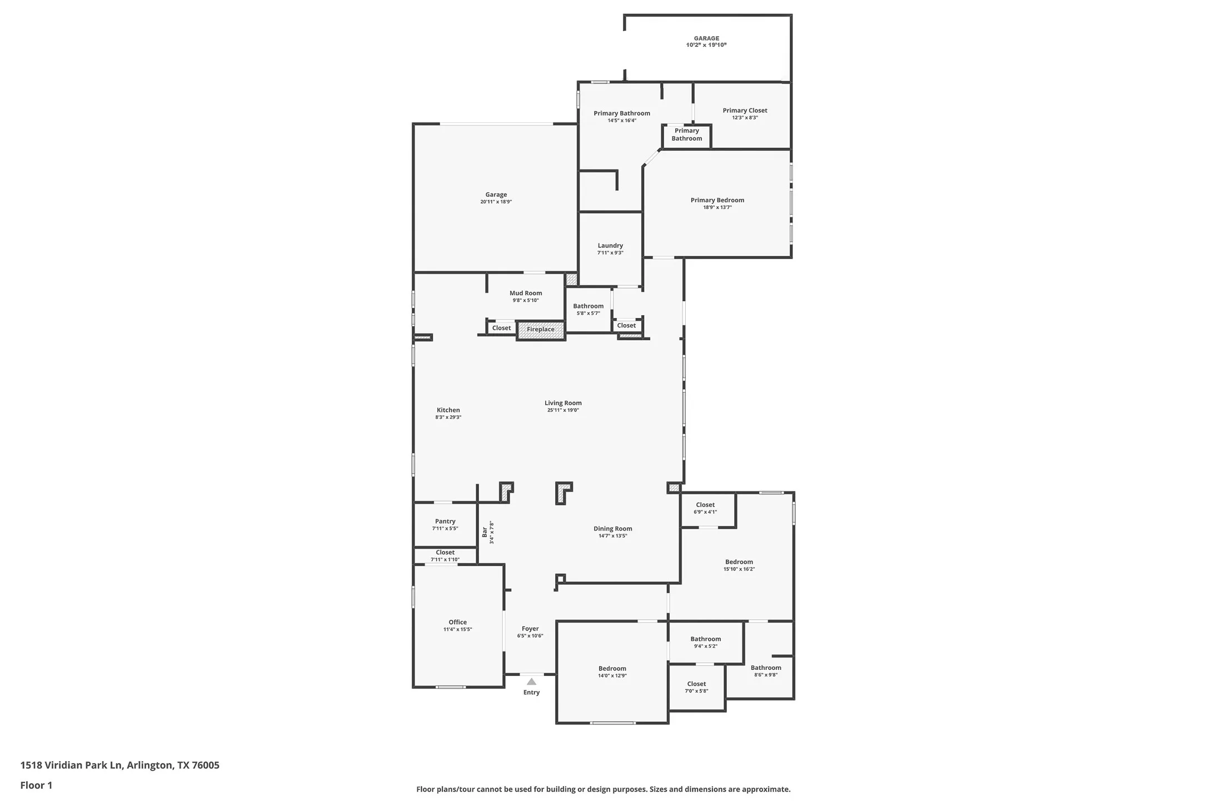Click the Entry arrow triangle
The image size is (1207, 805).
point(531,681)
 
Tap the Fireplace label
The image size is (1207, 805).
point(540,330)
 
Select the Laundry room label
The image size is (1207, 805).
point(610,246)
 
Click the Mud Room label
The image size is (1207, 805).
point(525,293)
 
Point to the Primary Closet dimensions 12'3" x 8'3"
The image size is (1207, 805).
point(745,118)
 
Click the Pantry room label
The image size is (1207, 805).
point(445,521)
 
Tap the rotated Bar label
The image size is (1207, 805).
point(485,532)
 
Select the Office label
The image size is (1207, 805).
point(457,622)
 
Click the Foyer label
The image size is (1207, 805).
point(530,629)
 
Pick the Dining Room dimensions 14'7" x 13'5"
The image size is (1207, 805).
point(612,536)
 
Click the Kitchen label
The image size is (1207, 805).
point(448,410)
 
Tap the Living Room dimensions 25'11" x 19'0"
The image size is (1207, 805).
point(563,410)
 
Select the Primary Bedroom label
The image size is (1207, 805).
point(717,200)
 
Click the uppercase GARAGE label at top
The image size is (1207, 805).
point(706,38)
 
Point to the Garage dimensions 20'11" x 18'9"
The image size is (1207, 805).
point(496,202)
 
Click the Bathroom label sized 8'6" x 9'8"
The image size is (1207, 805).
point(766,668)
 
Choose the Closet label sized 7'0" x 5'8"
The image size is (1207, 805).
point(696,684)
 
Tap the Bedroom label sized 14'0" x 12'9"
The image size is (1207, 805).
point(612,668)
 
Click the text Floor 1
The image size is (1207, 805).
point(36,785)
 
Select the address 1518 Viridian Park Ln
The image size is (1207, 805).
point(71,765)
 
